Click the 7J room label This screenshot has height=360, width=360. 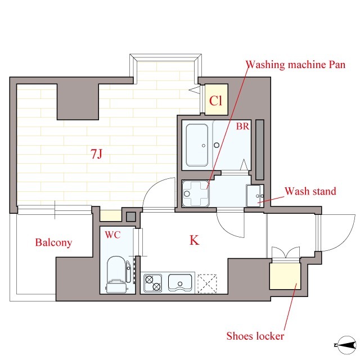(x=96, y=154)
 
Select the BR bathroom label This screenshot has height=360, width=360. (x=242, y=126)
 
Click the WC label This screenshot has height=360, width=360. (x=112, y=235)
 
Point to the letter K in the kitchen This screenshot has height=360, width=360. (x=194, y=240)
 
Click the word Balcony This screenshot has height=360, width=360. (x=53, y=242)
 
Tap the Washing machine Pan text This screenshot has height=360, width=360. (x=295, y=65)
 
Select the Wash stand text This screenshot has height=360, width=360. (x=310, y=191)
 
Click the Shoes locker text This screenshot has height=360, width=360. (x=255, y=336)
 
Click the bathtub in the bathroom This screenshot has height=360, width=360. (x=197, y=145)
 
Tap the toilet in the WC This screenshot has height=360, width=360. (x=117, y=275)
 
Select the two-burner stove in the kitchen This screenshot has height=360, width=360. (x=152, y=283)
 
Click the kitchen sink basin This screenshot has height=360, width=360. (x=180, y=282)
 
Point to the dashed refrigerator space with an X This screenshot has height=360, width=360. (x=207, y=283)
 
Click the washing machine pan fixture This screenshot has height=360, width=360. (x=196, y=193)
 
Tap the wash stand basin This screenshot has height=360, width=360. (x=255, y=196)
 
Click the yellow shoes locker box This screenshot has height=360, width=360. (x=285, y=276)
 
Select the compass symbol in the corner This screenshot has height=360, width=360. (x=345, y=345)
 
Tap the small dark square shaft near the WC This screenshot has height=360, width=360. (x=131, y=217)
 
